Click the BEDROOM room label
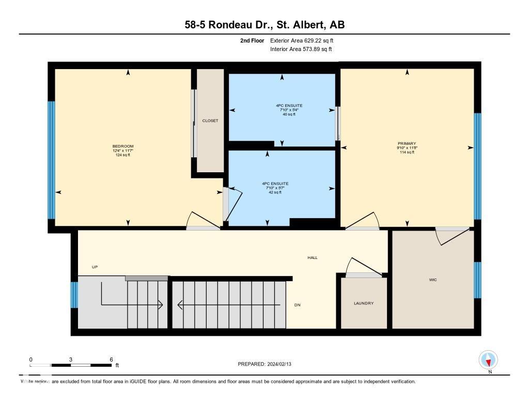point(123,146)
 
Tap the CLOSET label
point(210,121)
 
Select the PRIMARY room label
point(407,144)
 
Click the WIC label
point(433,280)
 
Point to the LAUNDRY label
point(364,303)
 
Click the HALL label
point(312,257)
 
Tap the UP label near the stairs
point(95,267)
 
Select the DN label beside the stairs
point(298,305)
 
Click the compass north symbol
point(488,360)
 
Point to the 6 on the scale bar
point(111,359)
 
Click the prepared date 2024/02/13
point(268,364)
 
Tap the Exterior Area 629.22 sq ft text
point(305,40)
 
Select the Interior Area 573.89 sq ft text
point(301,50)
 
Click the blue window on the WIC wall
point(477,280)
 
